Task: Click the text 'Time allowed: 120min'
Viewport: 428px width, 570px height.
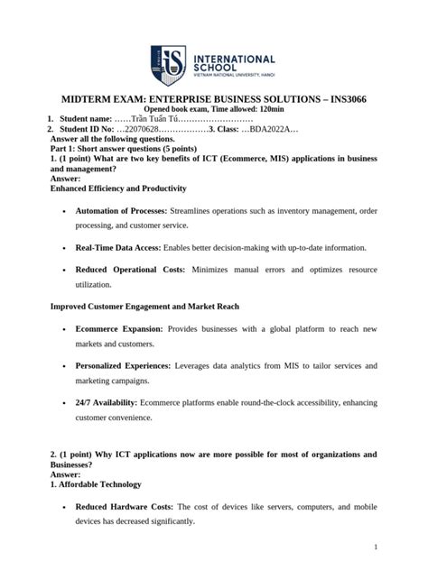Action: click(249, 109)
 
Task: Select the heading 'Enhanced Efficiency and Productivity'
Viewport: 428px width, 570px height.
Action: click(118, 188)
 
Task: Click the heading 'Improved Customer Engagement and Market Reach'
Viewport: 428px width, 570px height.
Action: click(144, 307)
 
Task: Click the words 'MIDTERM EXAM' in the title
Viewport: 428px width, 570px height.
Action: click(103, 98)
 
